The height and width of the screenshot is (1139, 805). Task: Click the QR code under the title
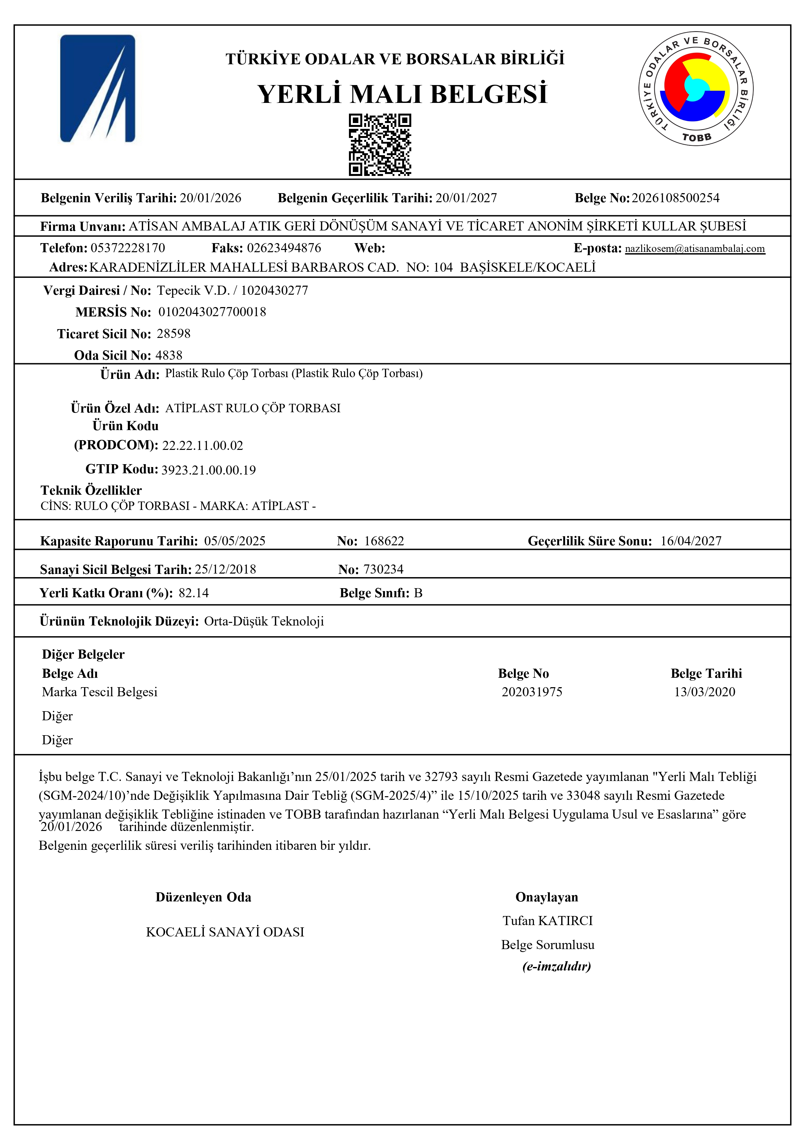click(379, 144)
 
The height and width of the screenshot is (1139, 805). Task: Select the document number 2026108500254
click(675, 198)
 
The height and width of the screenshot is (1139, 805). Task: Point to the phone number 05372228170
click(128, 248)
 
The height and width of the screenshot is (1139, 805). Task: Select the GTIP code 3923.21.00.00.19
click(208, 470)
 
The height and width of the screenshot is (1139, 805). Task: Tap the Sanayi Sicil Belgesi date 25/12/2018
click(225, 569)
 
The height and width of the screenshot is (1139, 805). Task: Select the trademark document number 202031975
click(532, 692)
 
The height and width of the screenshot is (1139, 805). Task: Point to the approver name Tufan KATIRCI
click(548, 921)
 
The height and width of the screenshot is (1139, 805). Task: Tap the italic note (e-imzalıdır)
click(556, 966)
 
